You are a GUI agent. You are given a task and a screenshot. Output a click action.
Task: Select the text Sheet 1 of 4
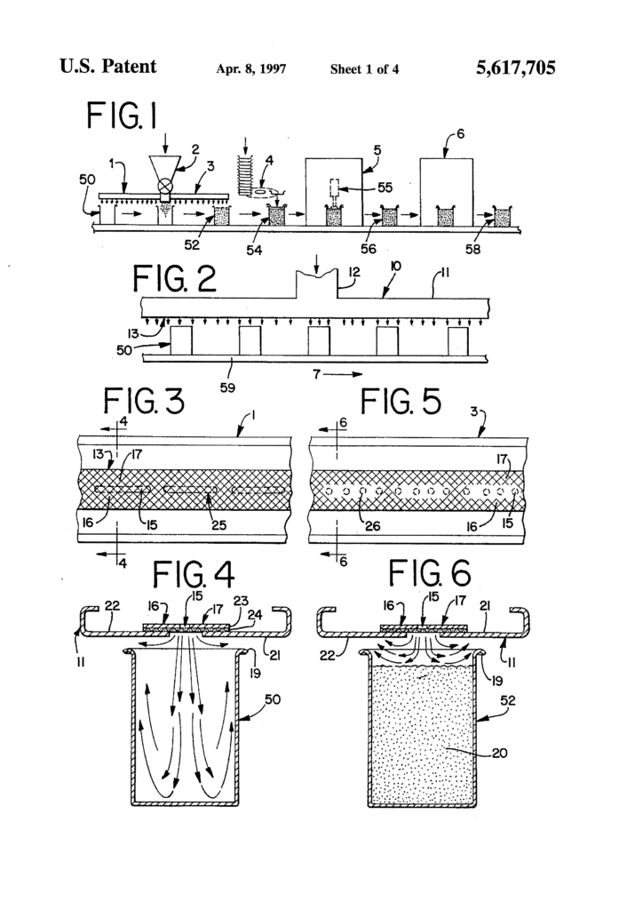[364, 68]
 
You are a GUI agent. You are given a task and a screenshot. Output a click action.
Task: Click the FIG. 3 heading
[143, 402]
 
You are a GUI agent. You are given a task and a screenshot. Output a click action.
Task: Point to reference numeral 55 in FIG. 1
[384, 188]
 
